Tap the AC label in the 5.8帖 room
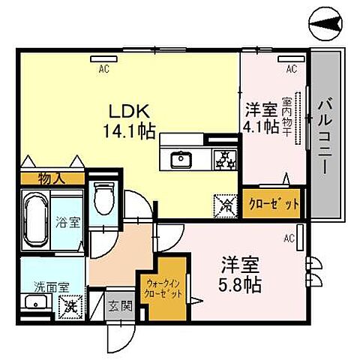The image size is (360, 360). click(x=288, y=239)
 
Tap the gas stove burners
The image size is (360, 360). click(x=223, y=158)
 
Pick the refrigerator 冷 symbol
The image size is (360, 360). click(x=223, y=202)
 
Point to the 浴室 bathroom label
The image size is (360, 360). click(x=67, y=223)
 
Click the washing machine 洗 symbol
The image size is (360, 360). click(x=69, y=305)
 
